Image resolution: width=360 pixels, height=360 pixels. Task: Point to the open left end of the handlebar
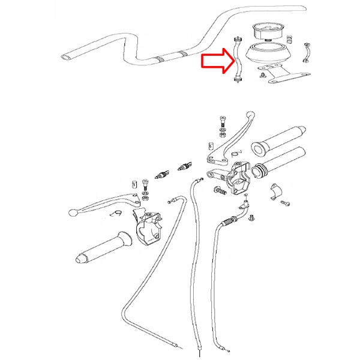pyautogui.click(x=65, y=58)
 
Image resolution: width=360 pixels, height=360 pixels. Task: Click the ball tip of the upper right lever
pyautogui.click(x=251, y=113)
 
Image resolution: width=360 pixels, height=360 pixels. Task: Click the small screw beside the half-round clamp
pyautogui.click(x=286, y=205)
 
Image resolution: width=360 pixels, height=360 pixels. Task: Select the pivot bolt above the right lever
pyautogui.click(x=222, y=123)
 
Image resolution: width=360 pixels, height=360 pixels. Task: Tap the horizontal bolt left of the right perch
pyautogui.click(x=219, y=191)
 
